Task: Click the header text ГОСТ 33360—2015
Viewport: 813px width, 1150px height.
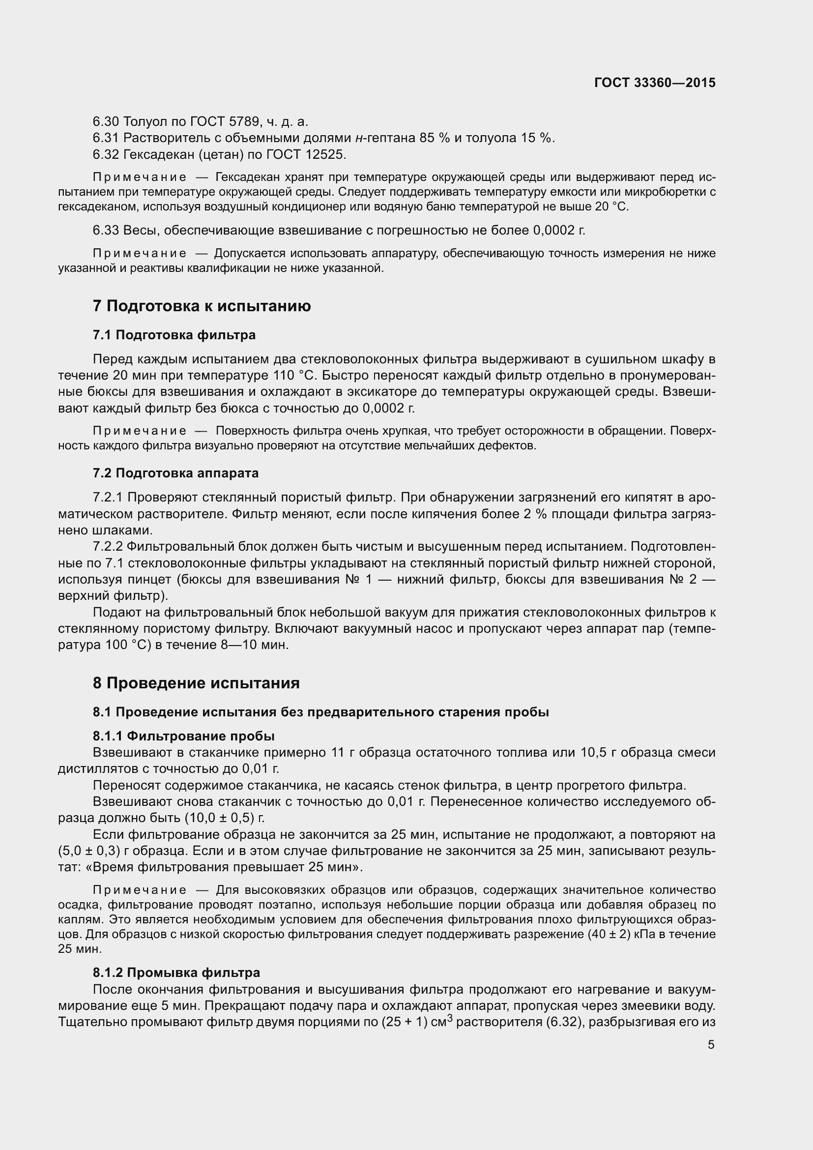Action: tap(654, 83)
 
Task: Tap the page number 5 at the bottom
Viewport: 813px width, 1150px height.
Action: tap(711, 1045)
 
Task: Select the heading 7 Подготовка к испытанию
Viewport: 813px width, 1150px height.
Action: tap(201, 306)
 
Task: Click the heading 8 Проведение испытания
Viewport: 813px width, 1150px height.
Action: tap(196, 683)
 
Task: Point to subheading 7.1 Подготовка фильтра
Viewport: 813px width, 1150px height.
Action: tap(174, 335)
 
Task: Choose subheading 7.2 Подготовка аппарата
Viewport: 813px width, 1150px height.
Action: tap(175, 473)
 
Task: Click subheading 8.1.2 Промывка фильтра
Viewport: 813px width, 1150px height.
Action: tap(176, 972)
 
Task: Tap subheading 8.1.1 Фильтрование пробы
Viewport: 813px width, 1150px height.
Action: tap(183, 736)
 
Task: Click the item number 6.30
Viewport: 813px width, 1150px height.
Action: tap(105, 122)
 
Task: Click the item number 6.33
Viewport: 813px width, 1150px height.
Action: tap(105, 231)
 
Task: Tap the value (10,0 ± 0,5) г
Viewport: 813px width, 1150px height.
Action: tap(224, 819)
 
